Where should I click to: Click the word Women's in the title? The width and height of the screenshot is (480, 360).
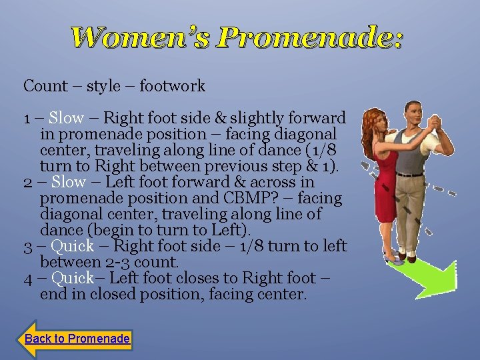coord(140,38)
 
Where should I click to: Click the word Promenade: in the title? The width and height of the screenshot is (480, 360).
coord(309,38)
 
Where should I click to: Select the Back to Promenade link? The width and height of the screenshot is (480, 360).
coord(77,339)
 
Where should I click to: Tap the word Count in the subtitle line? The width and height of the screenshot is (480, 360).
coord(45,86)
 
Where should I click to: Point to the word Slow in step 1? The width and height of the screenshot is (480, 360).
coord(67,119)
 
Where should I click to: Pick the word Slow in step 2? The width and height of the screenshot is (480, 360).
coord(69,183)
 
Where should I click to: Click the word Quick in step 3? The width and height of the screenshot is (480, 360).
coord(72,247)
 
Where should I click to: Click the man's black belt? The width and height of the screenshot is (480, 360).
coord(410,174)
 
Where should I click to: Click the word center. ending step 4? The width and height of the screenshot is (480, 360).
coord(285,294)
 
